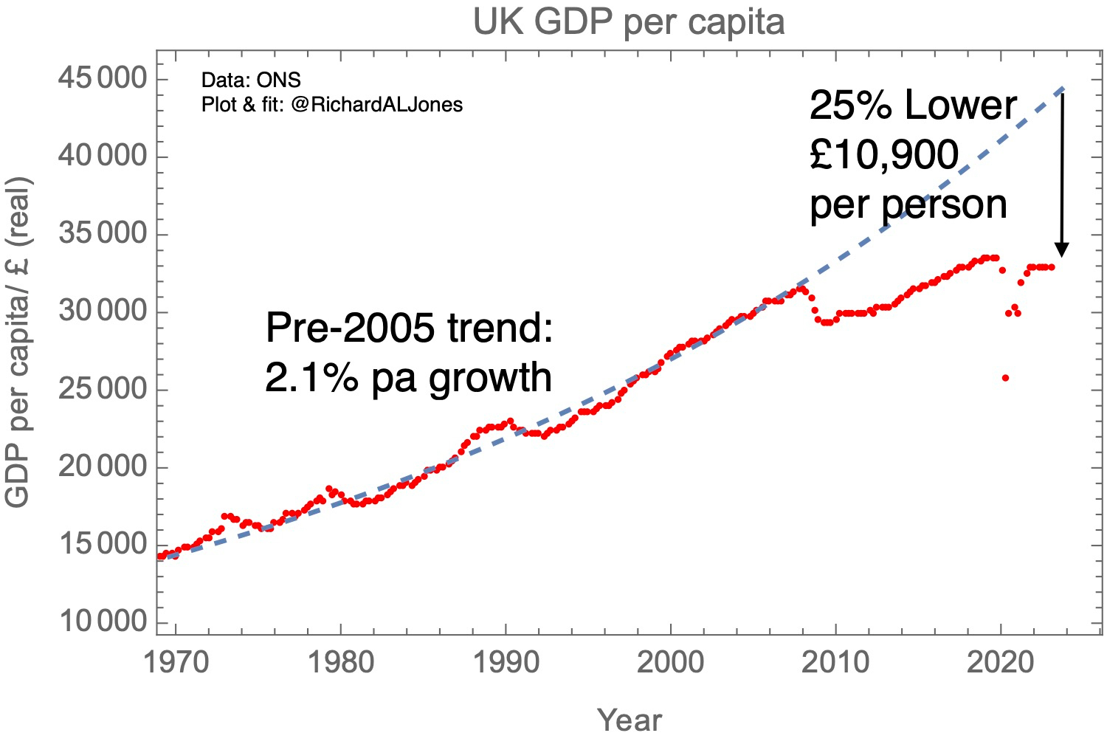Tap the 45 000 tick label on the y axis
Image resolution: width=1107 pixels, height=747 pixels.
click(x=103, y=78)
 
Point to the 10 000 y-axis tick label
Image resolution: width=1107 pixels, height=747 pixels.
click(x=103, y=622)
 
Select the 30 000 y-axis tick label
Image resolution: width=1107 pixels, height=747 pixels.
click(x=103, y=311)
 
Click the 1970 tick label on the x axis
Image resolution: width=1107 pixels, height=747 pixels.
click(x=176, y=662)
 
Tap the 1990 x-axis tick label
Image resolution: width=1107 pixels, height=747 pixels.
click(x=506, y=662)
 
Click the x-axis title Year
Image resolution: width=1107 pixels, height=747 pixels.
click(x=630, y=720)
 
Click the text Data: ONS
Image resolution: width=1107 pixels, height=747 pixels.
click(x=251, y=80)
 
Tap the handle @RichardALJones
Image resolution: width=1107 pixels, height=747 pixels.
click(x=376, y=105)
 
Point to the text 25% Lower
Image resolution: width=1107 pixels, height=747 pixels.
click(x=913, y=106)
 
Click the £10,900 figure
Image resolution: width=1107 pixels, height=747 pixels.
click(x=884, y=155)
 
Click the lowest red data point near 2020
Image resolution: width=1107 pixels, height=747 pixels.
click(x=1005, y=378)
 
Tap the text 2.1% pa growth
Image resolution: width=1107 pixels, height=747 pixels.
click(x=408, y=377)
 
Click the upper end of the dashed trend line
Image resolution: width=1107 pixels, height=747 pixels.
click(x=1062, y=89)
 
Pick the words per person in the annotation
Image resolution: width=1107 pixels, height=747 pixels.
click(x=908, y=204)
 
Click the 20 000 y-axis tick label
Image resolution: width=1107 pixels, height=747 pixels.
click(x=103, y=467)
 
